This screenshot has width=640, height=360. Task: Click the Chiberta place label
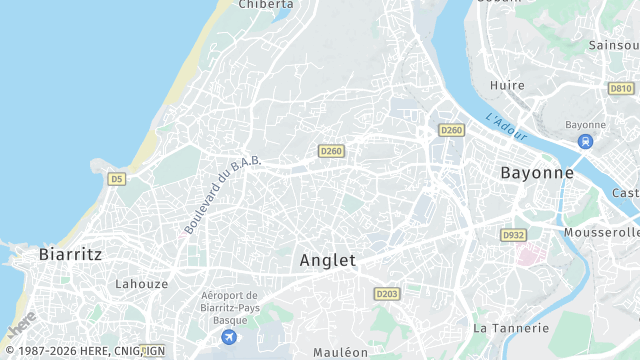click(x=265, y=5)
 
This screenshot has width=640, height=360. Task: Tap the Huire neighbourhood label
click(x=508, y=86)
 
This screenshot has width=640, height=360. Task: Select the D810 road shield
click(x=620, y=88)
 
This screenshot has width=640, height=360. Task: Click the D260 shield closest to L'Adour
click(x=452, y=130)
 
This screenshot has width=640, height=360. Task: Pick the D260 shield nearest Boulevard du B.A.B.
click(x=331, y=151)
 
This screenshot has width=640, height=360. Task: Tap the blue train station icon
click(x=585, y=142)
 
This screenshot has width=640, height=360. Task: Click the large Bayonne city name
click(x=537, y=172)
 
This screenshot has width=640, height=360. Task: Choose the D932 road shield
click(x=513, y=235)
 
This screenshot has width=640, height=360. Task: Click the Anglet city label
click(x=327, y=260)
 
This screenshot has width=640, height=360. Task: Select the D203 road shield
click(x=386, y=294)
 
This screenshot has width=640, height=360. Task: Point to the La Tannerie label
click(x=511, y=328)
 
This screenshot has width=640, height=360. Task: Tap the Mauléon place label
click(x=341, y=352)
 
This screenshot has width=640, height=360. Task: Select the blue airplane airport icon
click(x=230, y=337)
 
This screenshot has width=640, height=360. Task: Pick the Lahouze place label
click(x=142, y=284)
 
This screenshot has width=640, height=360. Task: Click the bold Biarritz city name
click(x=70, y=254)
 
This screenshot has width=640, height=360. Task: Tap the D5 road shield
click(x=118, y=179)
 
